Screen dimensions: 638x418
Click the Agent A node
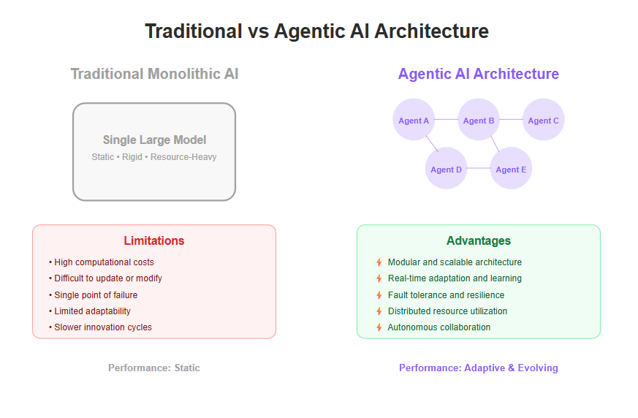click(x=414, y=120)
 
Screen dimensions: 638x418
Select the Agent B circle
click(x=479, y=120)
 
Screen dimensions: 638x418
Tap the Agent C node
click(x=543, y=120)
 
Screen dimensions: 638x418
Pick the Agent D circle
click(x=446, y=168)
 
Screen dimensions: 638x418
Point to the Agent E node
click(x=511, y=168)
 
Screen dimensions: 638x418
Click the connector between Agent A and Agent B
click(x=446, y=120)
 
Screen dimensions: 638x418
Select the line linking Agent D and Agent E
click(x=479, y=168)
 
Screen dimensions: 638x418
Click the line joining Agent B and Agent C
click(x=511, y=120)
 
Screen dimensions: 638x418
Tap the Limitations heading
click(x=153, y=240)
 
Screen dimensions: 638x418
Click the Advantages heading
click(x=479, y=240)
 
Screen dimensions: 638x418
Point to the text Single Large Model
click(x=154, y=140)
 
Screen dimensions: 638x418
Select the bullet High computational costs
click(x=102, y=262)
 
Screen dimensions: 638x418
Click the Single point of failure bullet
click(x=93, y=295)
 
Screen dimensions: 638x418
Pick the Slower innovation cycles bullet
click(x=100, y=327)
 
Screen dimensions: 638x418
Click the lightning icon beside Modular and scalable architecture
click(x=379, y=262)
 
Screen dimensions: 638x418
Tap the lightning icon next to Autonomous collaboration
click(x=379, y=327)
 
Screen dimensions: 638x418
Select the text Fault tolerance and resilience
click(x=446, y=295)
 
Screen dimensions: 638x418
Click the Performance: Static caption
click(x=153, y=368)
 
